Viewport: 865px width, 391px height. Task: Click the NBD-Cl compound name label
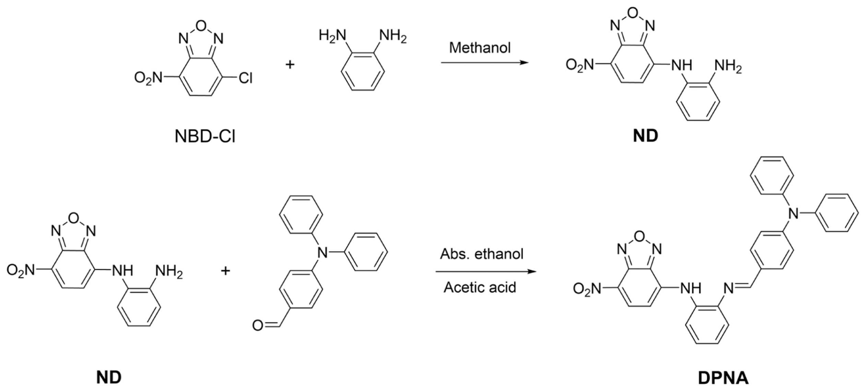[x=205, y=136]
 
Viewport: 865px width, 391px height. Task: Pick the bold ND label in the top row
[x=645, y=136]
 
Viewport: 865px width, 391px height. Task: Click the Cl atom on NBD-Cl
[x=245, y=78]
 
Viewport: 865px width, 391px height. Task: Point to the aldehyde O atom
[x=257, y=325]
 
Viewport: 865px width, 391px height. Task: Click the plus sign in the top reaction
[x=290, y=64]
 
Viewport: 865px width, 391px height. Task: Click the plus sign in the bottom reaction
[x=225, y=271]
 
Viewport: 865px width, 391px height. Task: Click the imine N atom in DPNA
[x=728, y=288]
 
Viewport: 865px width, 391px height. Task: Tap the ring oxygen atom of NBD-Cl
[x=201, y=25]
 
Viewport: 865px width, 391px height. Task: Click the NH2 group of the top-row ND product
[x=728, y=66]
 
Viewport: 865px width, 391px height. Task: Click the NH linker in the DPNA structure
[x=691, y=288]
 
